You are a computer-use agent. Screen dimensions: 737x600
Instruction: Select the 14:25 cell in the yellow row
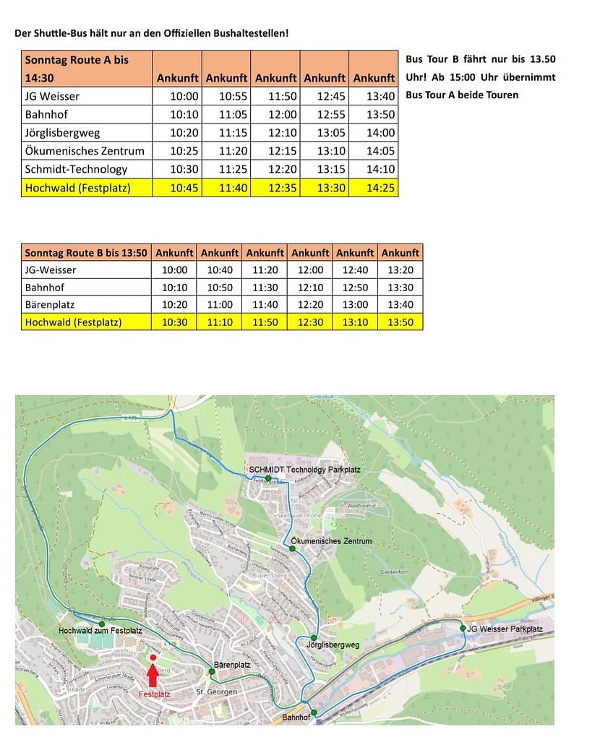[x=374, y=188]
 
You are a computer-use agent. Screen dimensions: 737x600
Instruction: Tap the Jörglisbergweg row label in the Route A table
[x=62, y=133]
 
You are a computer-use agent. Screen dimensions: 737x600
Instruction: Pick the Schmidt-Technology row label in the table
[x=76, y=169]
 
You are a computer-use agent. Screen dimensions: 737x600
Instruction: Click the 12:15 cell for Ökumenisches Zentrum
[x=275, y=151]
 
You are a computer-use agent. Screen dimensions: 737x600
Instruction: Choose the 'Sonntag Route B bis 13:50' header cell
[x=86, y=253]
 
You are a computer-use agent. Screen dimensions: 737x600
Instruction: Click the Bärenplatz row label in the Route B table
[x=50, y=305]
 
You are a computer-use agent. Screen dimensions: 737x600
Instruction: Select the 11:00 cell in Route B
[x=220, y=305]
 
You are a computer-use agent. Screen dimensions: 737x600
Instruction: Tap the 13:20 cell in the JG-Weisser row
[x=400, y=270]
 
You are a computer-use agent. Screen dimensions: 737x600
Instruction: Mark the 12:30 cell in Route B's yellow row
[x=310, y=322]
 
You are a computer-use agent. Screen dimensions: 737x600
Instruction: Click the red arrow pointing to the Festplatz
[x=153, y=676]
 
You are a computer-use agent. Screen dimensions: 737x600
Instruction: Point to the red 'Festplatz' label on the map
[x=154, y=694]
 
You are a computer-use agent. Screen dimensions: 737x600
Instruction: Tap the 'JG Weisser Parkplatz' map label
[x=505, y=629]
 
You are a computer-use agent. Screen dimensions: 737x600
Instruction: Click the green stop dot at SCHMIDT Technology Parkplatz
[x=267, y=478]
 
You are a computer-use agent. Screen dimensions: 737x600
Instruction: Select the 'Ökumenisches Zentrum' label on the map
[x=331, y=541]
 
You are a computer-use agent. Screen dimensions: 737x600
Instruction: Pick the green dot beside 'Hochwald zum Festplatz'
[x=101, y=623]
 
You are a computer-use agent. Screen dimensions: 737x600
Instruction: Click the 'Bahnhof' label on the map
[x=296, y=717]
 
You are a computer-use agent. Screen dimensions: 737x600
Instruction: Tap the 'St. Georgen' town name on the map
[x=217, y=692]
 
